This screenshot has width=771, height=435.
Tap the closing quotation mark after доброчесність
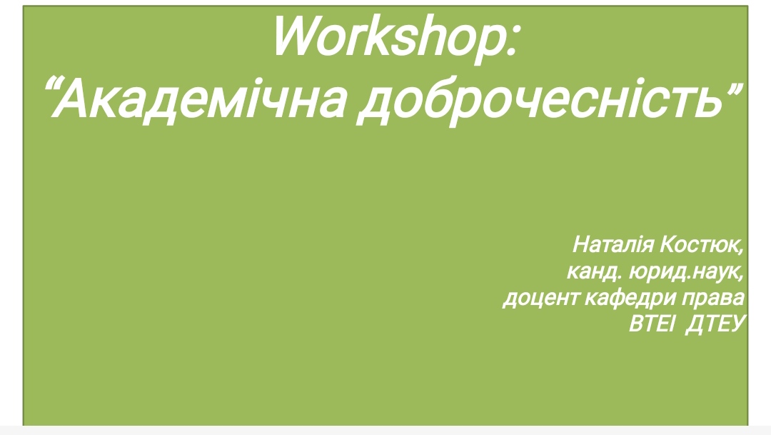click(733, 89)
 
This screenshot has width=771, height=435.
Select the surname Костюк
click(699, 244)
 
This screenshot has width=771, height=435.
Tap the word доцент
click(540, 298)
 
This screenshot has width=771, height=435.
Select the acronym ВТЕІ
click(650, 324)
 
